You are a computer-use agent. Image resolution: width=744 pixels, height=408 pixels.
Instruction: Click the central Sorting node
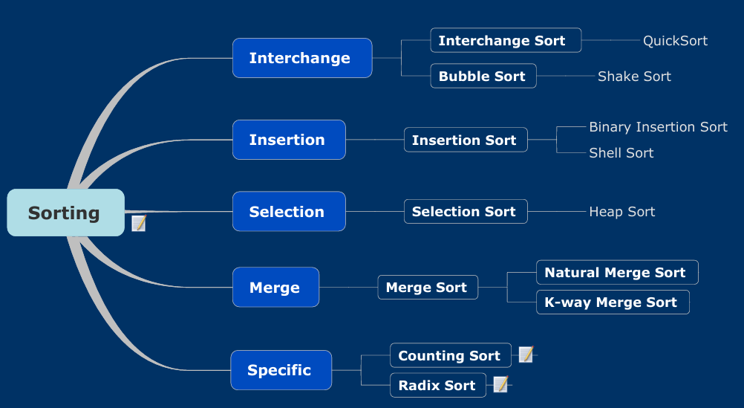(66, 213)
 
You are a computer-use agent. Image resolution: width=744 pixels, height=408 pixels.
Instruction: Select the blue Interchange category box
(302, 58)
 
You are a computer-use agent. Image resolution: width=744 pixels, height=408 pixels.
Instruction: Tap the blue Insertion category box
(289, 140)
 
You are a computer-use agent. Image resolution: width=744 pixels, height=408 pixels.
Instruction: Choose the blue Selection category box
(289, 211)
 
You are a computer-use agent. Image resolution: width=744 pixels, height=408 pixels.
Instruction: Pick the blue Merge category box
(275, 288)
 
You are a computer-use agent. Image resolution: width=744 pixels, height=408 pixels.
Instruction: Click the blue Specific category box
(281, 370)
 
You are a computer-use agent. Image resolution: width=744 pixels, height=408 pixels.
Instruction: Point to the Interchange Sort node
(506, 40)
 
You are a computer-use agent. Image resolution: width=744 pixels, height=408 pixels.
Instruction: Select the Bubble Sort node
(483, 76)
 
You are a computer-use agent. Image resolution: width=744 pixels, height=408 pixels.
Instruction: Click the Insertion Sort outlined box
(466, 140)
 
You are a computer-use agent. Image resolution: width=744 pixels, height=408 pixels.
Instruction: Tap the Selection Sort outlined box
(466, 211)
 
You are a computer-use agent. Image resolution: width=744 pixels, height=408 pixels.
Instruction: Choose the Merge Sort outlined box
(428, 288)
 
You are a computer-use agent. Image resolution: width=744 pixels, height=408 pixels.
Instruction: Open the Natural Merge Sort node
(617, 272)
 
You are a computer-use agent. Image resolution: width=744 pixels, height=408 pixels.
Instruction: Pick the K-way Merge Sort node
(613, 302)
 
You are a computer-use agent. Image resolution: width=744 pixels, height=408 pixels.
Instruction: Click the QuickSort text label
(675, 41)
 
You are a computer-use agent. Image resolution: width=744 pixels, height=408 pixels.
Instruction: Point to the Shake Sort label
(634, 76)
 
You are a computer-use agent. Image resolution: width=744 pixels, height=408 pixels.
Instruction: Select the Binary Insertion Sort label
(658, 127)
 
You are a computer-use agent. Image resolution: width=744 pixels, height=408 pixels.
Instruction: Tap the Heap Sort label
(622, 211)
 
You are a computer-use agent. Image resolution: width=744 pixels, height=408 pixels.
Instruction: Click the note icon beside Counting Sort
(526, 354)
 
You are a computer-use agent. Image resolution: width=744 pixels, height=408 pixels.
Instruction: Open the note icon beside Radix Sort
(501, 383)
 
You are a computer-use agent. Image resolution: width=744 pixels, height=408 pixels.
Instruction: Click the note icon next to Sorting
(139, 223)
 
